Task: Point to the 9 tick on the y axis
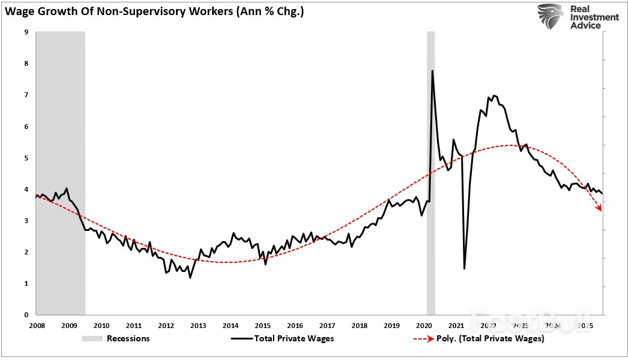click(27, 33)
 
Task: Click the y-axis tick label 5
click(27, 158)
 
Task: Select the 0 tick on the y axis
click(27, 315)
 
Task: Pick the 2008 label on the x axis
click(37, 326)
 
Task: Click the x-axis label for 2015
click(262, 326)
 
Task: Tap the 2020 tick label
click(424, 326)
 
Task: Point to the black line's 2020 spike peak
click(432, 71)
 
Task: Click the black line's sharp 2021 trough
click(464, 268)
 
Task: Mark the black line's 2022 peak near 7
click(494, 95)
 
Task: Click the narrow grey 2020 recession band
click(430, 181)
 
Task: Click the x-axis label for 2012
click(166, 326)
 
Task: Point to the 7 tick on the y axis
click(27, 95)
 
